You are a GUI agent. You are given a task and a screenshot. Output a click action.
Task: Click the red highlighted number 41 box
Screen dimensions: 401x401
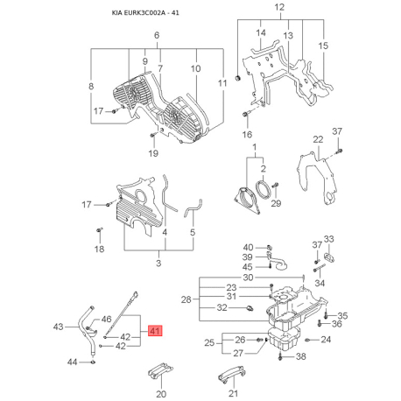tap(155, 331)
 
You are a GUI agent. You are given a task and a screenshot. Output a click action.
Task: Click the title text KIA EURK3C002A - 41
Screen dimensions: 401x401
tap(145, 13)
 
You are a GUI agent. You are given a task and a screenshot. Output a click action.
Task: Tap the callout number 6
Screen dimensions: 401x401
tap(157, 35)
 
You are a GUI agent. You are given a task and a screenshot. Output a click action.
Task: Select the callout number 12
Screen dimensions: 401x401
tap(279, 7)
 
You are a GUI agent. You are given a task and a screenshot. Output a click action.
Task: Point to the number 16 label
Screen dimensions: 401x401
tap(247, 134)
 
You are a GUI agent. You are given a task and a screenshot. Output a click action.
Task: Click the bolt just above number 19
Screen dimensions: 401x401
tap(152, 136)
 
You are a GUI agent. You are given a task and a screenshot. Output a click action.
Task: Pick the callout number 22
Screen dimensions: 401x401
tap(318, 139)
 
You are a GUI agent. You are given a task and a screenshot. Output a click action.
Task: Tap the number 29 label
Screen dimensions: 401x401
tap(276, 203)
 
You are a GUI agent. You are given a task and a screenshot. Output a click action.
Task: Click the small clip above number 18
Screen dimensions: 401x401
tap(99, 230)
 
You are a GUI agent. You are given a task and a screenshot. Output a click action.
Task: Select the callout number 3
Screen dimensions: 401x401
tap(158, 263)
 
